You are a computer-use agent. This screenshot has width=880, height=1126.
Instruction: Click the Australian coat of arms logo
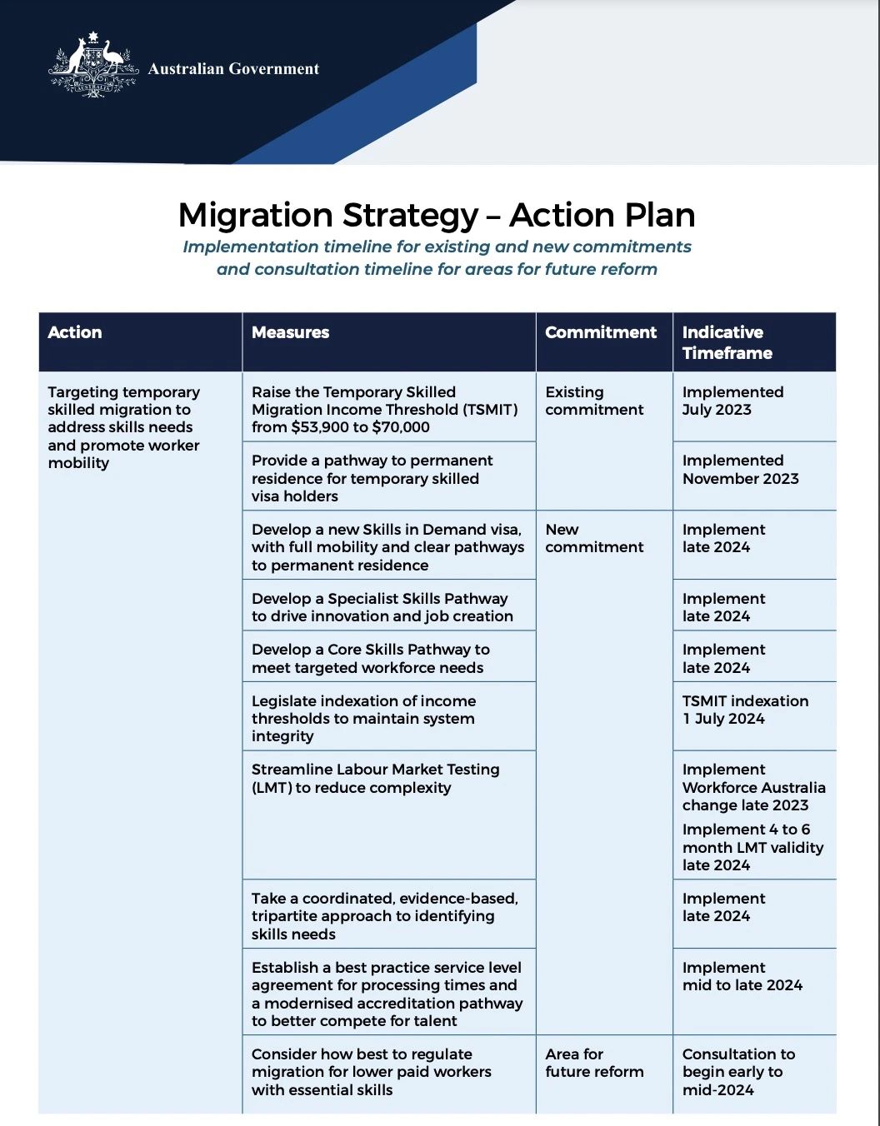[92, 66]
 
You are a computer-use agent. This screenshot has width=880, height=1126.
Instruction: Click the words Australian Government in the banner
[233, 69]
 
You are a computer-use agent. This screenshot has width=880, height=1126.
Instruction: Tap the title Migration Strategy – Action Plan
[437, 215]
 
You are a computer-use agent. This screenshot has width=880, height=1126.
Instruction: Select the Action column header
[75, 332]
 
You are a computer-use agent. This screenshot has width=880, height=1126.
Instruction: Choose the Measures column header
[290, 332]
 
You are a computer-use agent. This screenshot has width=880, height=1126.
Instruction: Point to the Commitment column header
[601, 332]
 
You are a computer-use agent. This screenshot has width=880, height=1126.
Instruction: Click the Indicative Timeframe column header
[727, 342]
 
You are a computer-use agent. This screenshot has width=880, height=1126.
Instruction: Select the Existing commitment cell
[594, 401]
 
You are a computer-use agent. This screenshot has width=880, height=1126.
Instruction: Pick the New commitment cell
[594, 538]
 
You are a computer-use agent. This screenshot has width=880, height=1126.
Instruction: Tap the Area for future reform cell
[594, 1063]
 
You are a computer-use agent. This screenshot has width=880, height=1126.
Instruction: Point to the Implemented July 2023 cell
[732, 401]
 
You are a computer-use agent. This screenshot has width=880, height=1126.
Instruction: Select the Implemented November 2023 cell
[740, 470]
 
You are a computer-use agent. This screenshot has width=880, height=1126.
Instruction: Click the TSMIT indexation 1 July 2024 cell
[745, 710]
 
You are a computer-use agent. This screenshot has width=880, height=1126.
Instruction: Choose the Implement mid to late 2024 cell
[742, 976]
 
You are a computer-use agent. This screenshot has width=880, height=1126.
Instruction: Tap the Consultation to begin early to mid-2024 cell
[738, 1072]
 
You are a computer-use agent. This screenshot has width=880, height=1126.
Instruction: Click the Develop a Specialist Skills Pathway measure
[382, 607]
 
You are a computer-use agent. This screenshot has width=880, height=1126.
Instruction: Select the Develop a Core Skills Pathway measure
[371, 658]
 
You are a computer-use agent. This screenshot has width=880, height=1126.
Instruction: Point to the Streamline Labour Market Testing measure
[375, 779]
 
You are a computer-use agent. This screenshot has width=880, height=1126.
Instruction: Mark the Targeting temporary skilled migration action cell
[123, 427]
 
